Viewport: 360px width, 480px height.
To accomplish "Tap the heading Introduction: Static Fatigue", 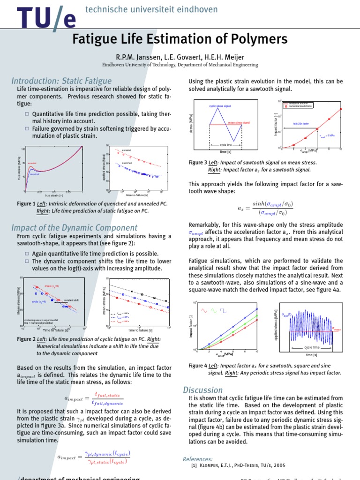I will coord(61,81).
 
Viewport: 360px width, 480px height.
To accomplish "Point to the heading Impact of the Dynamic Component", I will coord(74,228).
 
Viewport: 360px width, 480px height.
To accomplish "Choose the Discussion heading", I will coord(203,390).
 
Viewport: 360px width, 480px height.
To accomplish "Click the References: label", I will coord(197,459).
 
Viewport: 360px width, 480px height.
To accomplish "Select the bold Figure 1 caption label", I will coord(26,204).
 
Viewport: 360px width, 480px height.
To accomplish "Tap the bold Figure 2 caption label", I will coord(26,339).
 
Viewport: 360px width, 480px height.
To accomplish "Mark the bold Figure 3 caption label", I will coord(197,162).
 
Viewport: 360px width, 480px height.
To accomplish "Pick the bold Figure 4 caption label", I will coord(197,366).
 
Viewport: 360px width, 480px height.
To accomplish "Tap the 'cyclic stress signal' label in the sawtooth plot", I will coord(220,106).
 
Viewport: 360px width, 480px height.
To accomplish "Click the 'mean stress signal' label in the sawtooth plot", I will coord(239,122).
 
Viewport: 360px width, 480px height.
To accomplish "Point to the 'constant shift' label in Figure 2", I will coord(71,300).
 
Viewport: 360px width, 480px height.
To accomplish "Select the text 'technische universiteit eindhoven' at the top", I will coord(145,9).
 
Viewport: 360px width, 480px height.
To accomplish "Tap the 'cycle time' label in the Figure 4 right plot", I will coord(312,347).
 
